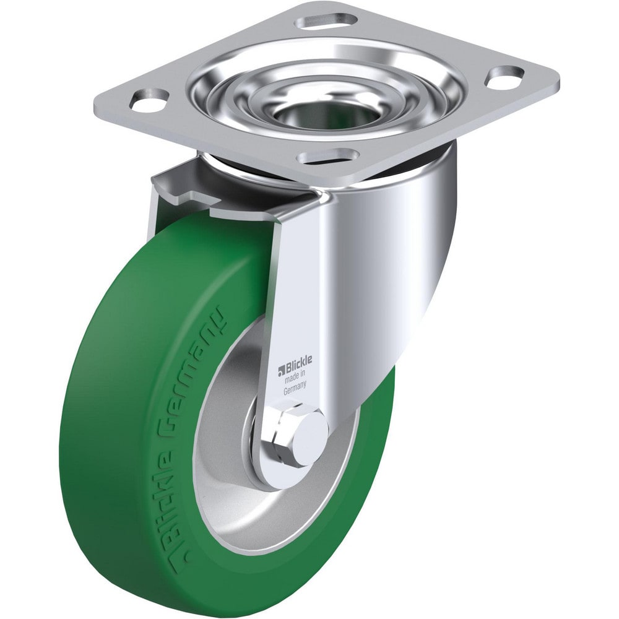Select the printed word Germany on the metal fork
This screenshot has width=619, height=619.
[x=295, y=391]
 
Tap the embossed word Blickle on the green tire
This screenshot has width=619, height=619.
[x=149, y=480]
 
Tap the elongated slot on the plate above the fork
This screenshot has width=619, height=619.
[x=329, y=155]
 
